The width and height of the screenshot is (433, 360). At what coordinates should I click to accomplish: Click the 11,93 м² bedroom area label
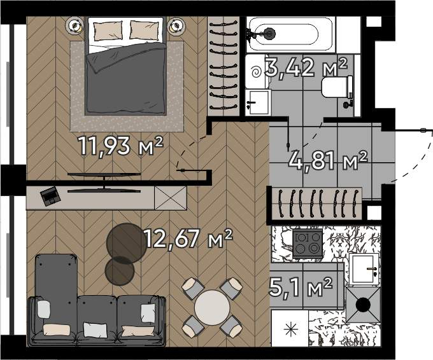click(120, 146)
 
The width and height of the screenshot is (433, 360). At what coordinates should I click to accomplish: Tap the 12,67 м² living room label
click(188, 239)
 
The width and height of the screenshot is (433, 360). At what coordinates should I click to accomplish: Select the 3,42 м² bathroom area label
click(306, 67)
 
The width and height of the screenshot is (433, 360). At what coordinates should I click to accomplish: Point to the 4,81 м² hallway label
click(328, 160)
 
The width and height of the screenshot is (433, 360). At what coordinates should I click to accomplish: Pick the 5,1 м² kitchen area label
click(301, 287)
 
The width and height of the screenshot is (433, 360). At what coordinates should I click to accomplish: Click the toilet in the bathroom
click(337, 87)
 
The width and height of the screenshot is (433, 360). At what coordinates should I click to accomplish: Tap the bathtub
click(291, 34)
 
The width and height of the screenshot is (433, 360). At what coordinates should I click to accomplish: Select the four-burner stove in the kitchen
click(308, 244)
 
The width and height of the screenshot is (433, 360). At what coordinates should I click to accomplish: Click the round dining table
click(212, 308)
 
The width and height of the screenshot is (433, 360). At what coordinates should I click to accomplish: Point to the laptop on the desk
click(50, 196)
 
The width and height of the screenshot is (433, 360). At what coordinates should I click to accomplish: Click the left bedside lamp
click(75, 25)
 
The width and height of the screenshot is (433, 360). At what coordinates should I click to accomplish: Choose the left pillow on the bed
click(108, 31)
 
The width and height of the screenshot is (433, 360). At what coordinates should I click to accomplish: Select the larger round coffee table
click(127, 243)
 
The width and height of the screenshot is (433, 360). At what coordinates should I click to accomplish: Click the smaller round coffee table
click(120, 271)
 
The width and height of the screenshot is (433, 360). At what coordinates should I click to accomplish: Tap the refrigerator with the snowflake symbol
click(290, 328)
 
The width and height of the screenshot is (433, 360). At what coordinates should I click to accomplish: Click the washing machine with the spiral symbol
click(257, 71)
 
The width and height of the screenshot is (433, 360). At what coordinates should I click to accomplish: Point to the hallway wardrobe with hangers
click(316, 204)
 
